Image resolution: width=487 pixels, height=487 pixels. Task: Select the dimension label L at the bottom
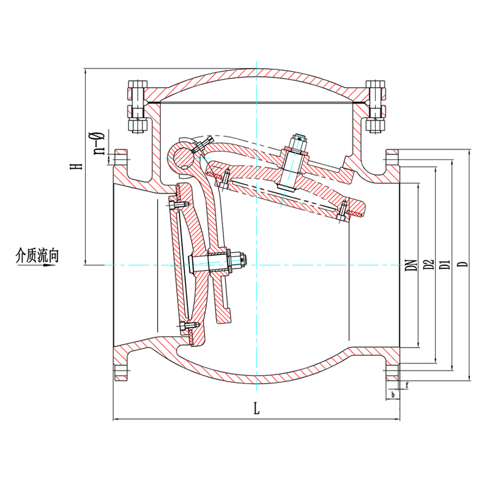click(256, 408)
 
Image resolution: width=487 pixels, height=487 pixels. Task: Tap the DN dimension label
click(412, 265)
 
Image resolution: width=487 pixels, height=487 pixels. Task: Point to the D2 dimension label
click(429, 265)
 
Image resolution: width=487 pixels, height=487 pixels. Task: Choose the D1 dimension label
click(446, 265)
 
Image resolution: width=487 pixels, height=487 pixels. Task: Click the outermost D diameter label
click(463, 264)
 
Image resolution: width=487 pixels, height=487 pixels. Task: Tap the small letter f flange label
click(407, 385)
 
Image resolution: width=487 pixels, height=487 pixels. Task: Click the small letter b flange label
click(393, 395)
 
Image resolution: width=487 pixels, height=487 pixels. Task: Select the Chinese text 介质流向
click(37, 255)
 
